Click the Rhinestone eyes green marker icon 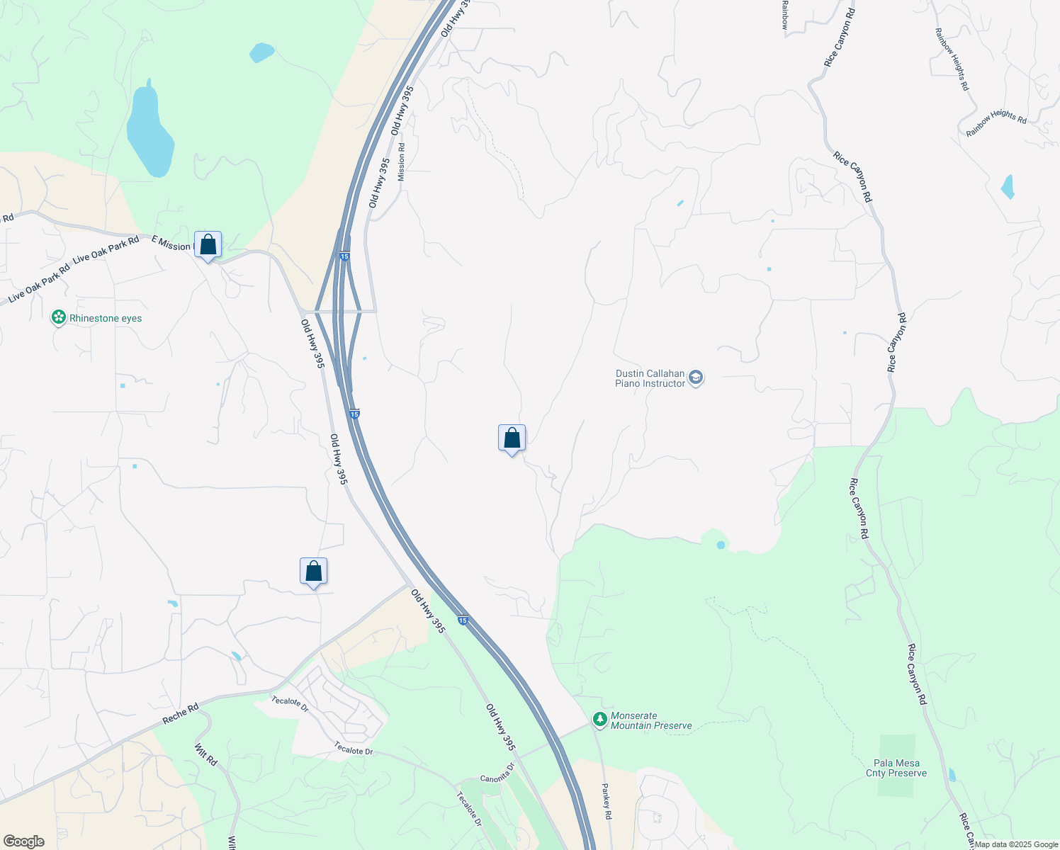click(59, 318)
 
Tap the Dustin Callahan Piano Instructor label click(650, 378)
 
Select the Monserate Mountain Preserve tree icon click(600, 720)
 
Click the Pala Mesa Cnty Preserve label click(896, 768)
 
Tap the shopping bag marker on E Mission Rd click(208, 245)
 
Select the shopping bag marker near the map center click(512, 439)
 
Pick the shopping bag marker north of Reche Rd click(313, 572)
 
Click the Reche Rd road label click(181, 713)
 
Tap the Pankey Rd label click(607, 801)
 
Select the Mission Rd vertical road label click(402, 162)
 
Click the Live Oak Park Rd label click(106, 249)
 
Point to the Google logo click(23, 841)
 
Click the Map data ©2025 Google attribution click(1016, 844)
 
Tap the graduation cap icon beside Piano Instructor click(696, 378)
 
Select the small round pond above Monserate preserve click(721, 545)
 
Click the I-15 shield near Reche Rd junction click(463, 620)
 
